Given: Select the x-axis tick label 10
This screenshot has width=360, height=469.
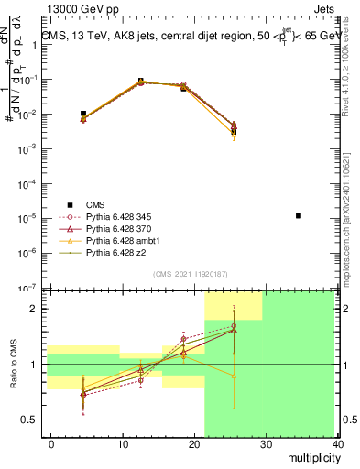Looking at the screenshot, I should (123, 444).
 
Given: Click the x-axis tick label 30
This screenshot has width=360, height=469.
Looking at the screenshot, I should (267, 444).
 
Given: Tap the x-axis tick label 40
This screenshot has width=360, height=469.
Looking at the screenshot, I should (338, 444).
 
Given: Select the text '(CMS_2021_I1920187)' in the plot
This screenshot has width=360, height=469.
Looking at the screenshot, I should (189, 273).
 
